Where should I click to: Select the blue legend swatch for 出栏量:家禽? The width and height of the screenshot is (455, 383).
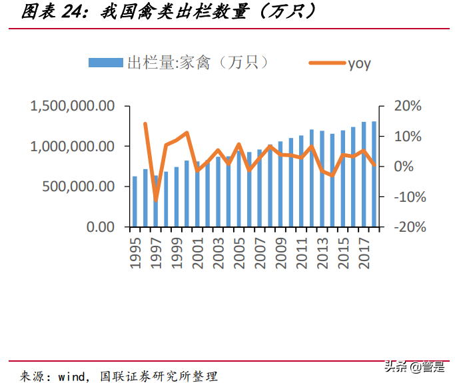click(106, 63)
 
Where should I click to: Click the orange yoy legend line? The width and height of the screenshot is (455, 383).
click(326, 63)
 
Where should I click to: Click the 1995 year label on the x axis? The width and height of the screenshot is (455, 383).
click(135, 252)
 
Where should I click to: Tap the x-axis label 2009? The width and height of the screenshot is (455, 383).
click(280, 252)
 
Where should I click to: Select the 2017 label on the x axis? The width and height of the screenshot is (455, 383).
click(364, 252)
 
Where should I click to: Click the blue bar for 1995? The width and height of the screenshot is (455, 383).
click(135, 201)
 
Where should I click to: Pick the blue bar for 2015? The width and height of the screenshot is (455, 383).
click(343, 179)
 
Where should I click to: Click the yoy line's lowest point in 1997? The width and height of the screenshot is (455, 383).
click(156, 200)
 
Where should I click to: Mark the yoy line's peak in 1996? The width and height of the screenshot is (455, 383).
click(145, 124)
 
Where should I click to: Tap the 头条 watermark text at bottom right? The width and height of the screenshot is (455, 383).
click(392, 366)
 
